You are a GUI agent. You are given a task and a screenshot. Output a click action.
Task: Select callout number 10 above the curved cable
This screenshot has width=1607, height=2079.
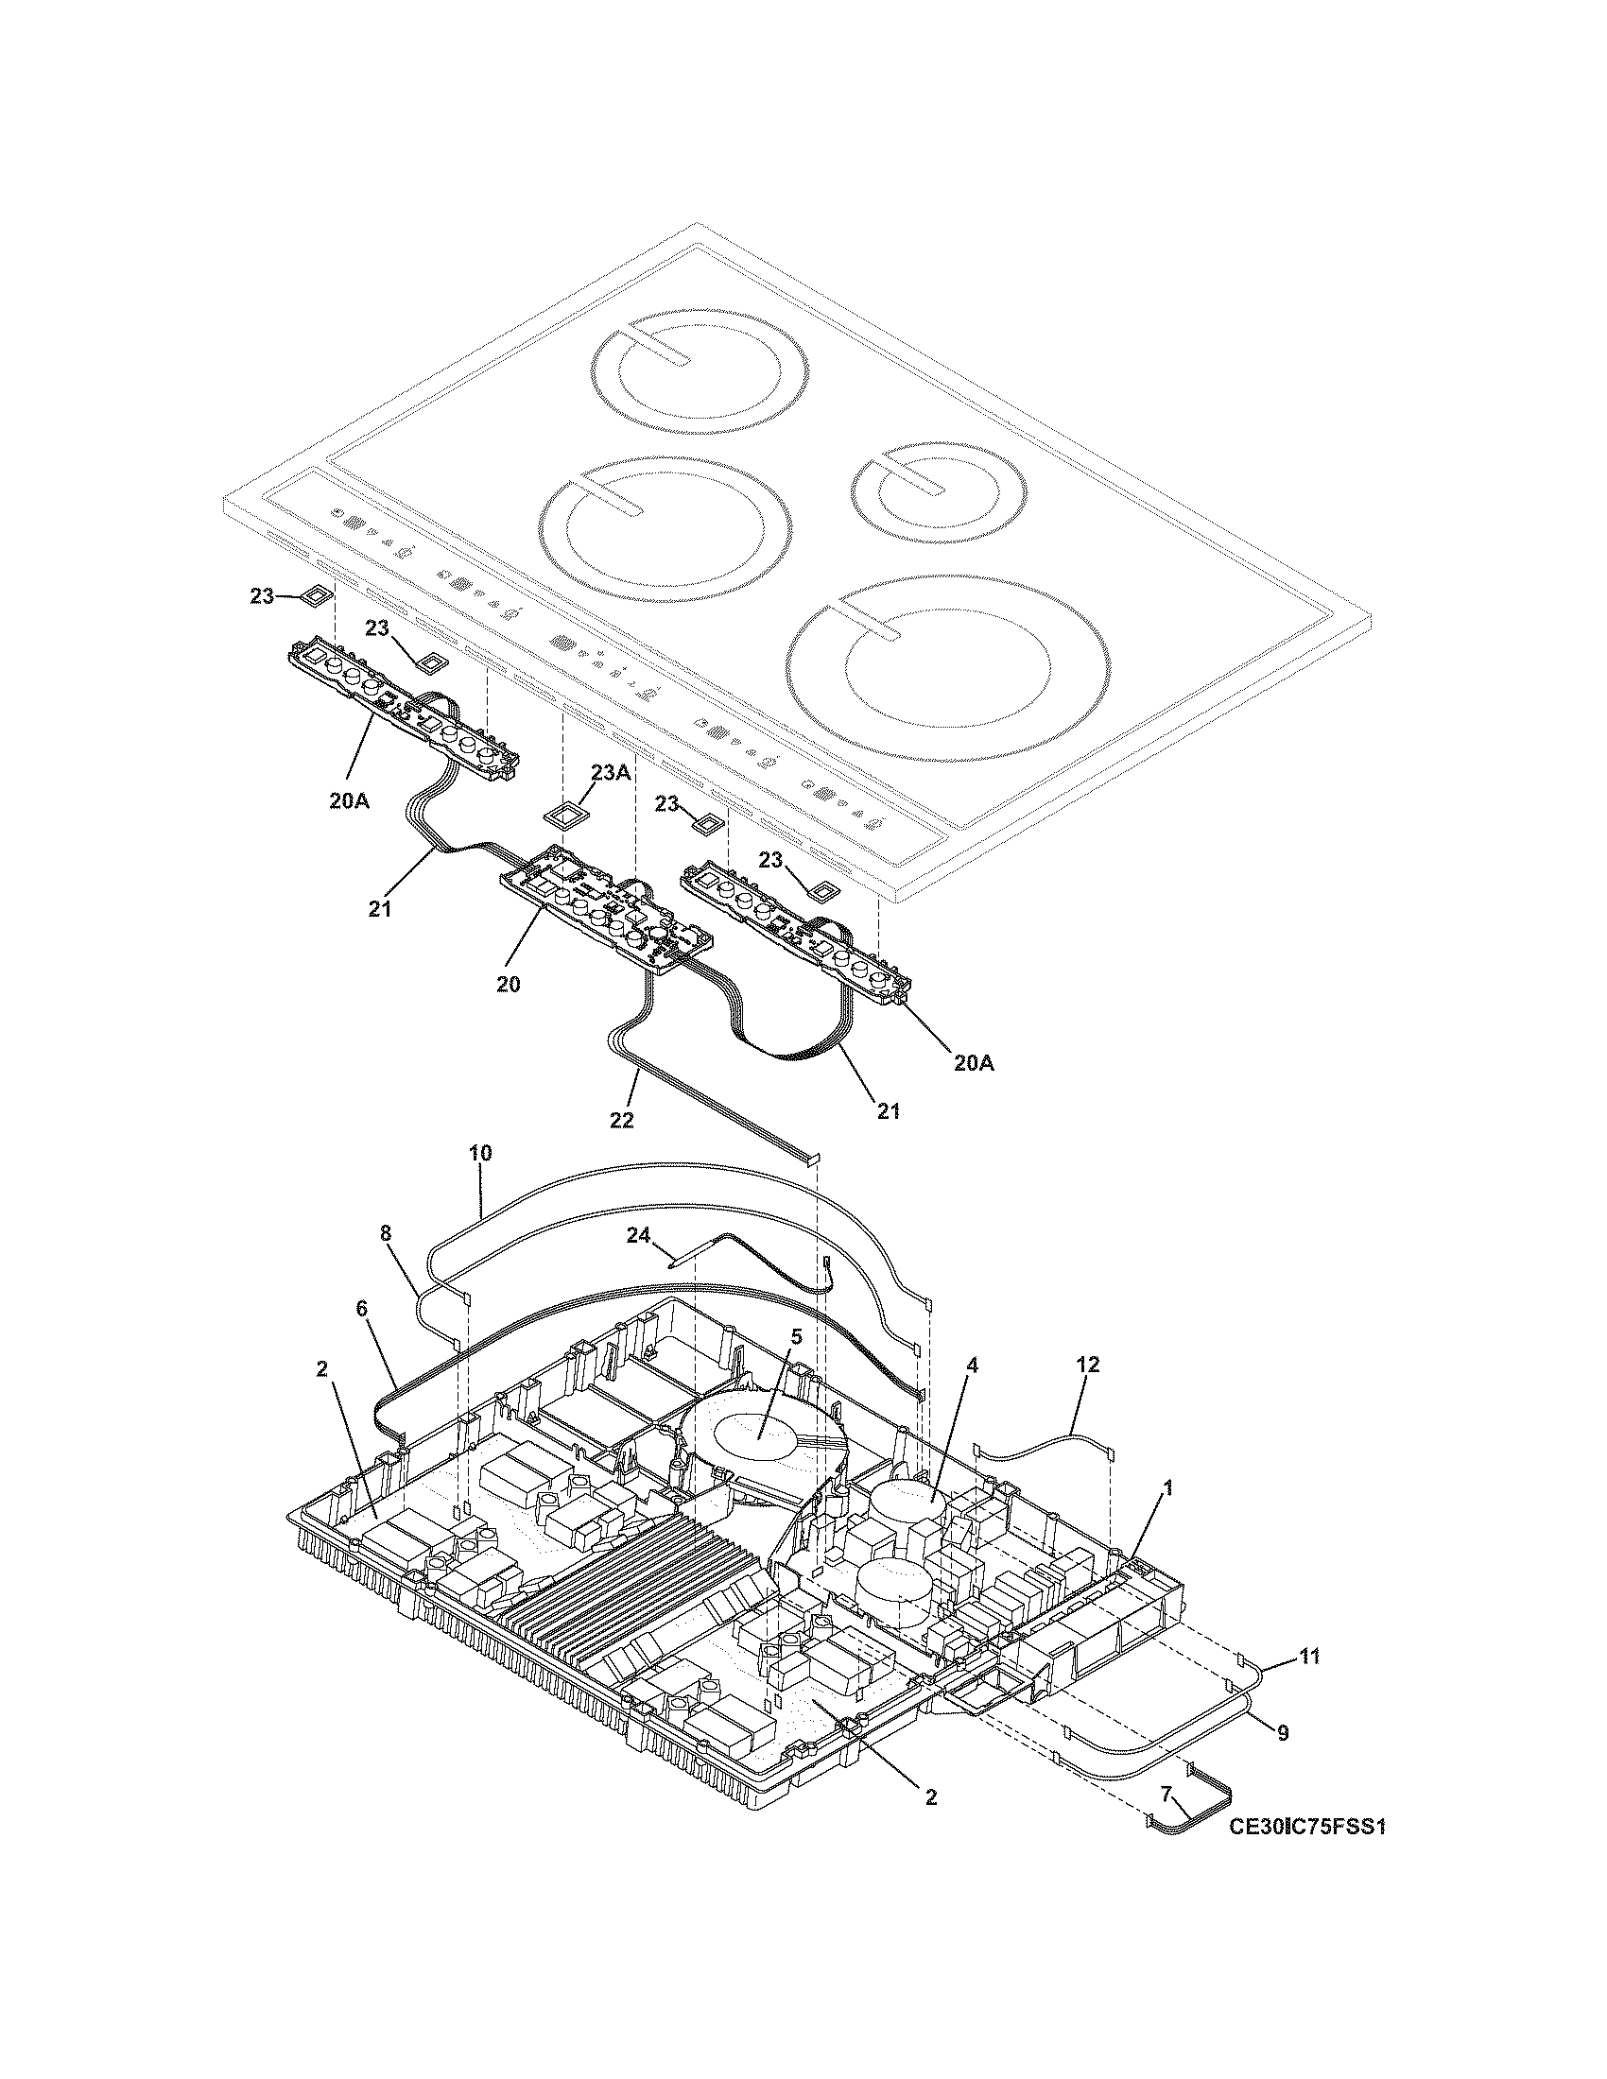pos(480,1153)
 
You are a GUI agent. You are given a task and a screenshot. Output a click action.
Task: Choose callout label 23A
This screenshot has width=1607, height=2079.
pos(611,772)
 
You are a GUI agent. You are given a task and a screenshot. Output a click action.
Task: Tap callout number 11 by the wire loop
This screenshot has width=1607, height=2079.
pos(1310,1658)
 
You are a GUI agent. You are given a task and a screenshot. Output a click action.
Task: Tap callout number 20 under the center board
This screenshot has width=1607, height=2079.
pos(508,984)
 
